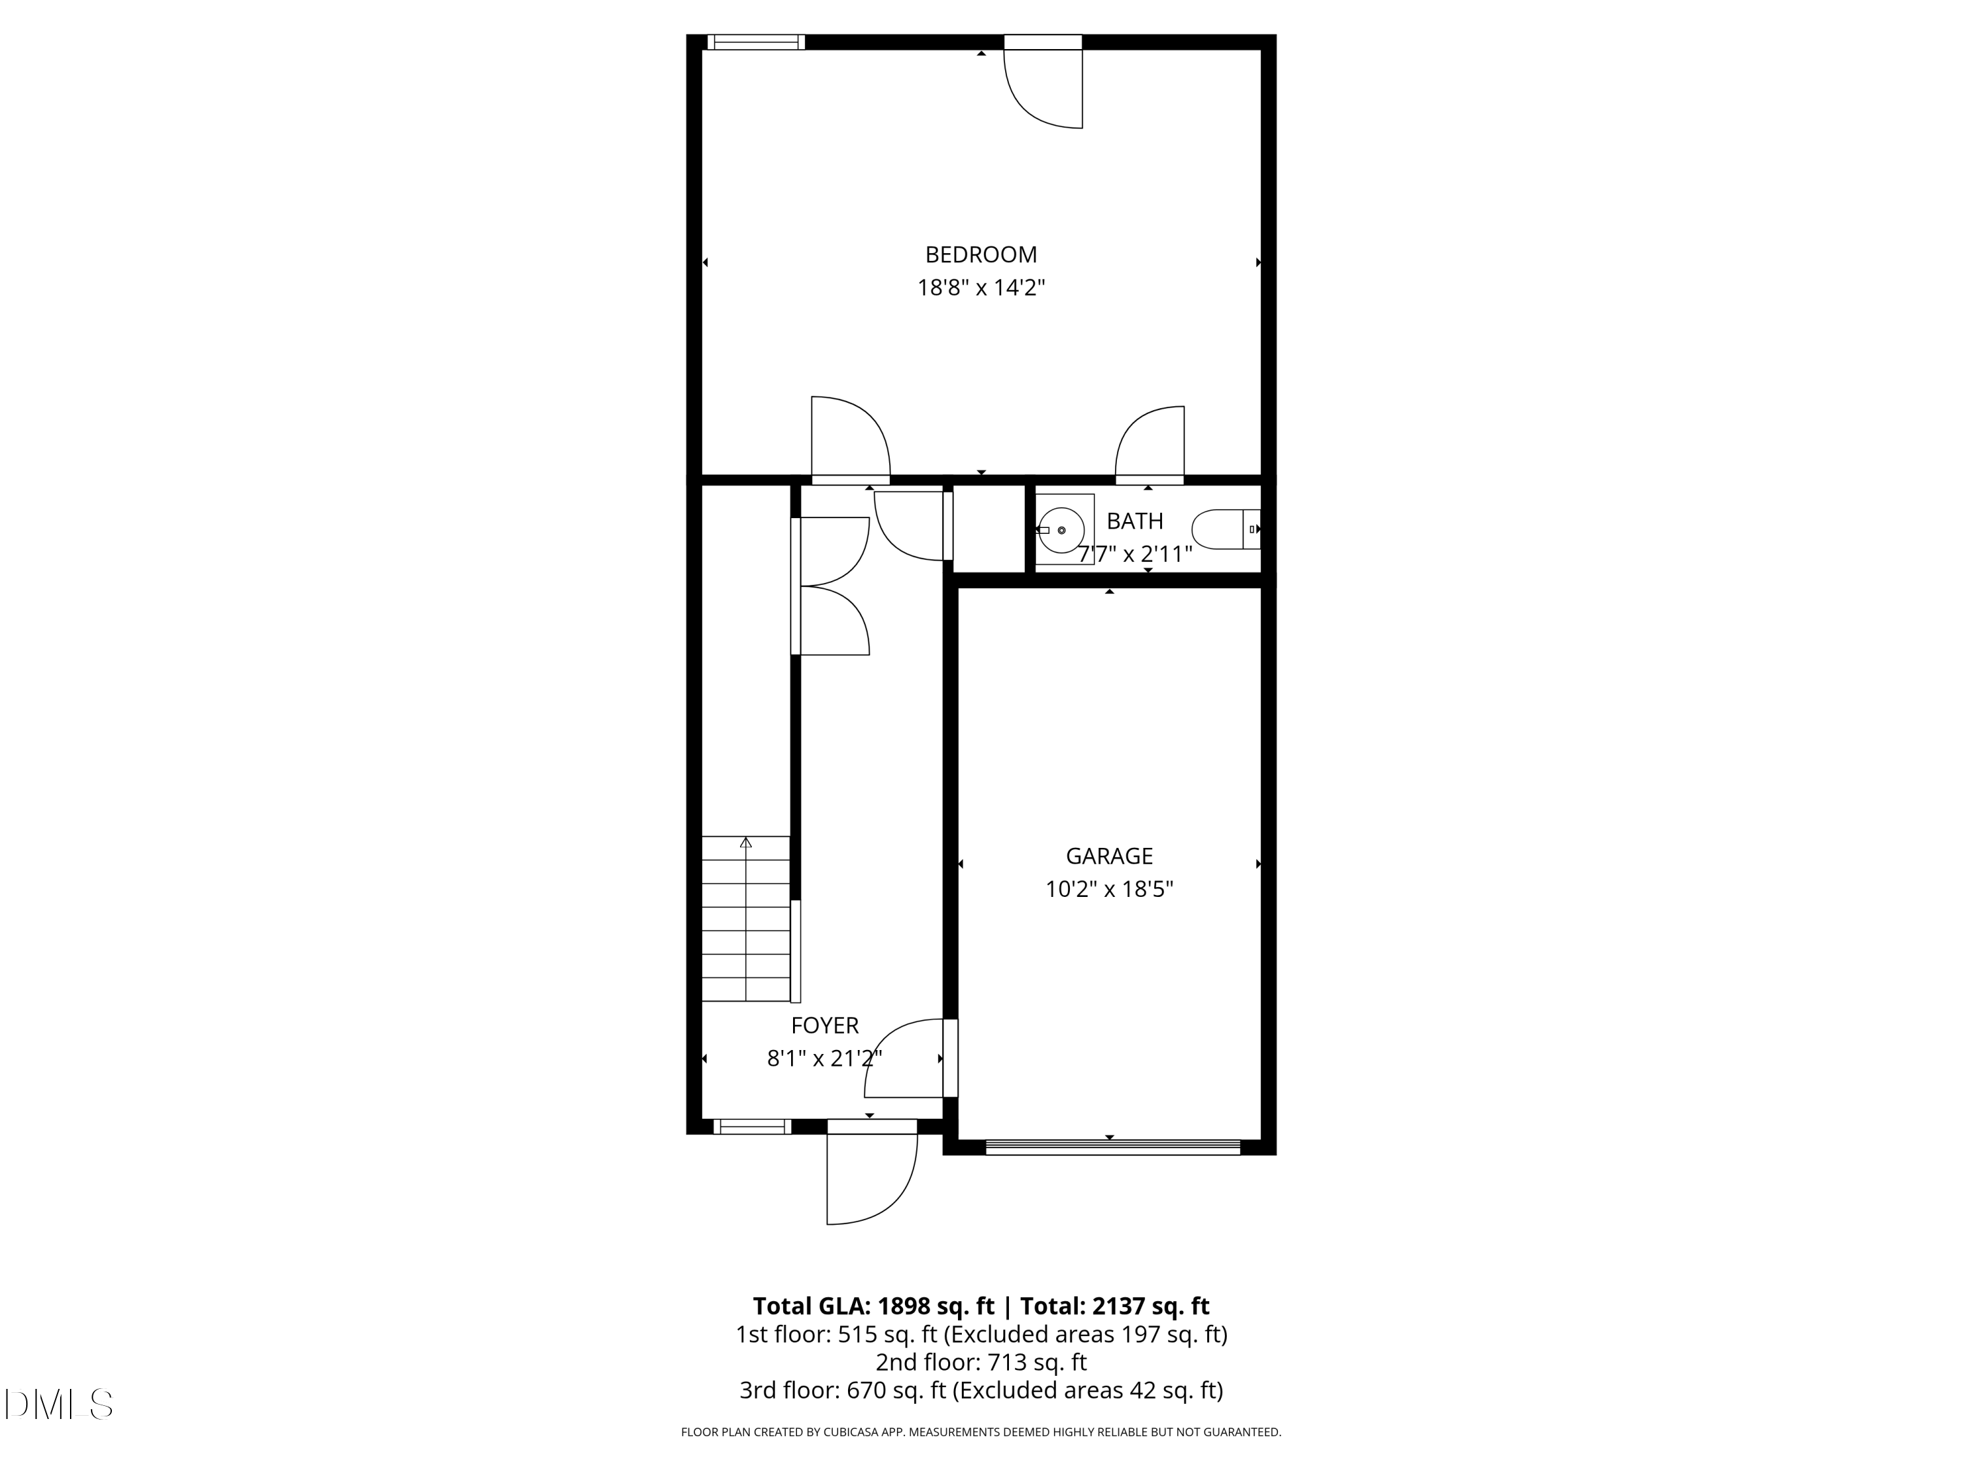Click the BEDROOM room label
pyautogui.click(x=981, y=254)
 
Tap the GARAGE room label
pyautogui.click(x=1108, y=856)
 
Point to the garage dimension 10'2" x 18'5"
pyautogui.click(x=1108, y=889)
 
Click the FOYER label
pyautogui.click(x=824, y=1026)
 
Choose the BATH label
pyautogui.click(x=1134, y=521)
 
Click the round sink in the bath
pyautogui.click(x=1062, y=530)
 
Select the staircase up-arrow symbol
pyautogui.click(x=745, y=842)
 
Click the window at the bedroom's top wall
pyautogui.click(x=756, y=42)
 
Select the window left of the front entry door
pyautogui.click(x=752, y=1127)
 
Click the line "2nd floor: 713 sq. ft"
pyautogui.click(x=981, y=1362)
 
